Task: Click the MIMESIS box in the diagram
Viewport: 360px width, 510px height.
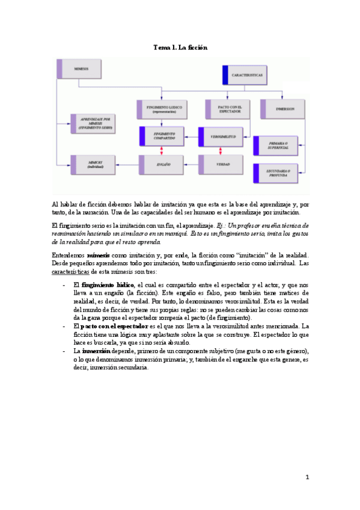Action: [84, 69]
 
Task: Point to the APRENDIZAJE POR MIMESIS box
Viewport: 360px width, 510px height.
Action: [95, 123]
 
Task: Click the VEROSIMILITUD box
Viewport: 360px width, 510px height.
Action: [222, 137]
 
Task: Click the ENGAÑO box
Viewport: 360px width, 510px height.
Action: [161, 164]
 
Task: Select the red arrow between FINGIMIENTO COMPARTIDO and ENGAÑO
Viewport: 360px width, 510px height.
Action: [161, 150]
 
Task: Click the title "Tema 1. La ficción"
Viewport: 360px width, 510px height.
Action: [180, 47]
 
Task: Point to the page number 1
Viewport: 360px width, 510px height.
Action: [307, 478]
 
